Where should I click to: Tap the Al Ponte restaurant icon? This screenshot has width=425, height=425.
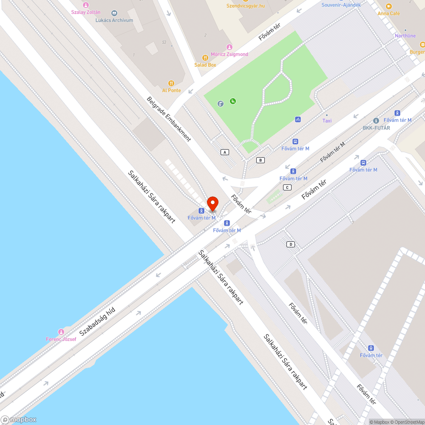pos(171,83)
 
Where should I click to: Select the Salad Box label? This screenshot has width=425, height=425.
pos(205,65)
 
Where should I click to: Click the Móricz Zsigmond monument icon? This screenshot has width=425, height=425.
pos(229,47)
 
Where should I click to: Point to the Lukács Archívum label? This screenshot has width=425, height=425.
pos(114,20)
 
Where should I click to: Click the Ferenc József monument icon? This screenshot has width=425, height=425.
pos(61,331)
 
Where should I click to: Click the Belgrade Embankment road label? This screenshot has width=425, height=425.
pos(169,119)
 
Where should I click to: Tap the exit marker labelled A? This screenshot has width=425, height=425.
pos(225,152)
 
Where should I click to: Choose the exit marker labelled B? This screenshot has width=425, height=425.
pos(261,160)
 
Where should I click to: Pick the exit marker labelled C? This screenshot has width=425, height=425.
pos(287,187)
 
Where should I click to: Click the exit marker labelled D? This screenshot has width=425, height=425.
pos(291,244)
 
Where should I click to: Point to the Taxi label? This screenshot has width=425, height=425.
pos(327,121)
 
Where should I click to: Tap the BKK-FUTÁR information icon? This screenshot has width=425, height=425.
pos(376,121)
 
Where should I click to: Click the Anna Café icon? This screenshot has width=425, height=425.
pos(388,6)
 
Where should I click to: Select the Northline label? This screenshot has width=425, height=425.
pos(405,36)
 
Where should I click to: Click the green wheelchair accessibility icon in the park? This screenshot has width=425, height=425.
pos(233,101)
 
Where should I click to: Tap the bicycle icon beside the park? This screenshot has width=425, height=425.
pos(298,119)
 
